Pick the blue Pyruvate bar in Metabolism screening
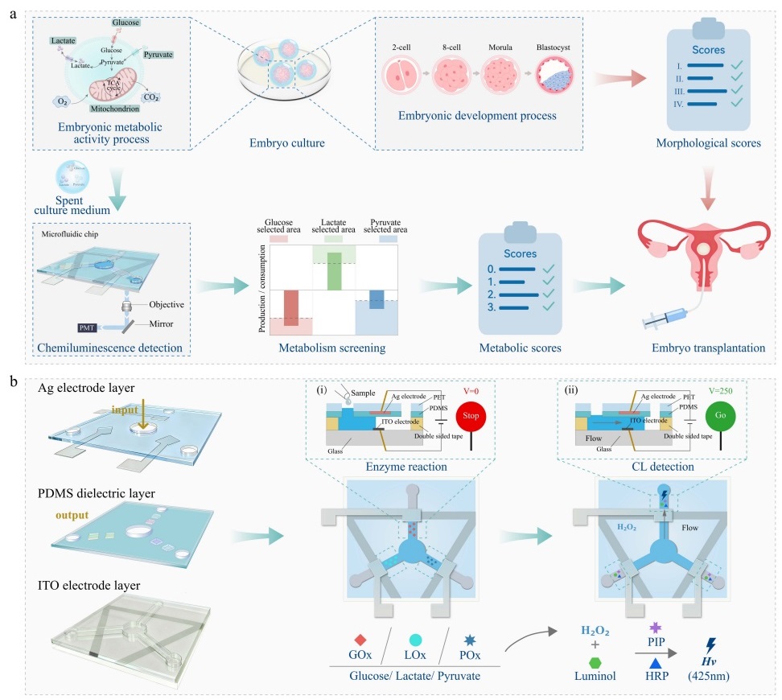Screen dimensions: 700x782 tap(377, 299)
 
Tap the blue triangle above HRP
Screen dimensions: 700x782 tap(655, 662)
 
